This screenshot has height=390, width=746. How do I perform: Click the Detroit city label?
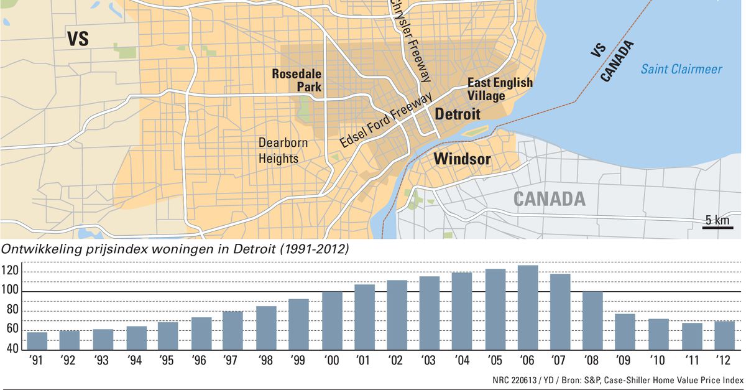click(x=457, y=114)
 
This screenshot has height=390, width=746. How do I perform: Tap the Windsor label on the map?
click(x=462, y=159)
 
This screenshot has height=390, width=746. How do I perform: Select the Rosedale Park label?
click(x=297, y=80)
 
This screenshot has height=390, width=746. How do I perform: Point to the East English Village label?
click(x=500, y=89)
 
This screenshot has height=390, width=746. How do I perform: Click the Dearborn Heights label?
click(x=283, y=151)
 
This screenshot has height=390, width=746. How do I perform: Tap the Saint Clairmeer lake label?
click(x=681, y=69)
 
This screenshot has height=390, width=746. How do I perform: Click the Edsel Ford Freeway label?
click(x=385, y=121)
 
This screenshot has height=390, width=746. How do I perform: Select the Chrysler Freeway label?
click(x=410, y=40)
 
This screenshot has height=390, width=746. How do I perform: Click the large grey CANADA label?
click(x=550, y=199)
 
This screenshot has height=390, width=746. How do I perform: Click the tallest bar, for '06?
click(x=528, y=308)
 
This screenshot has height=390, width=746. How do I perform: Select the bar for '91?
click(x=37, y=341)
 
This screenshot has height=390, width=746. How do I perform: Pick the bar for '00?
click(x=332, y=321)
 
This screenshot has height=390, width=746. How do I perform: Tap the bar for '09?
click(x=625, y=332)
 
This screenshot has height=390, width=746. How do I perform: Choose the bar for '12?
click(x=724, y=336)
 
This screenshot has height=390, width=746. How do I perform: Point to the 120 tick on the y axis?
click(x=12, y=272)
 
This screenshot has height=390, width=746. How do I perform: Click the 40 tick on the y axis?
click(x=12, y=349)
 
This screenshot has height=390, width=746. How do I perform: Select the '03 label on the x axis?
click(x=428, y=361)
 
